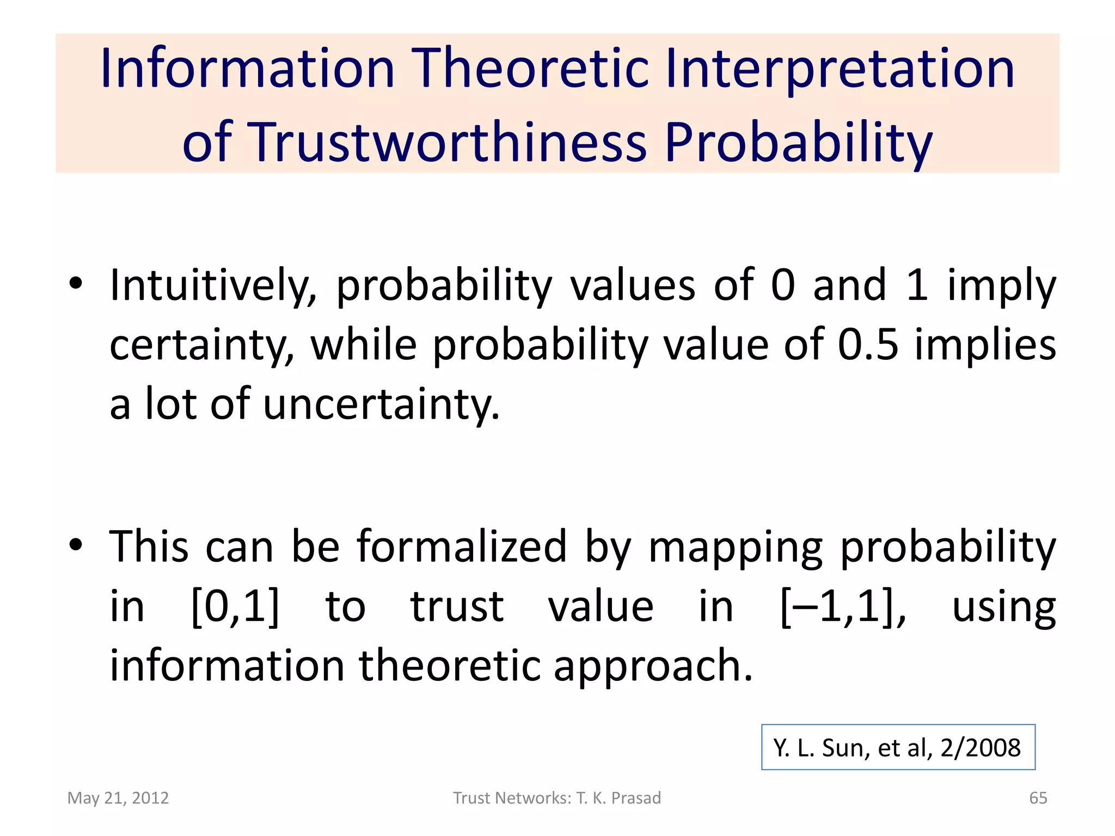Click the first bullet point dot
click(76, 283)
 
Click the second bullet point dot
click(76, 544)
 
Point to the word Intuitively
click(213, 285)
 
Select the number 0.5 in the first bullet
click(868, 345)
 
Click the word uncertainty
click(381, 404)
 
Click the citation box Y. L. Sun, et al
click(898, 747)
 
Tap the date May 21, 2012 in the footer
click(118, 798)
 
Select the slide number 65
click(1038, 798)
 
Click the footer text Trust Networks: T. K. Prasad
click(557, 798)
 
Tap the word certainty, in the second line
click(201, 345)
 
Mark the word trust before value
click(457, 606)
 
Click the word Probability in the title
click(798, 143)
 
